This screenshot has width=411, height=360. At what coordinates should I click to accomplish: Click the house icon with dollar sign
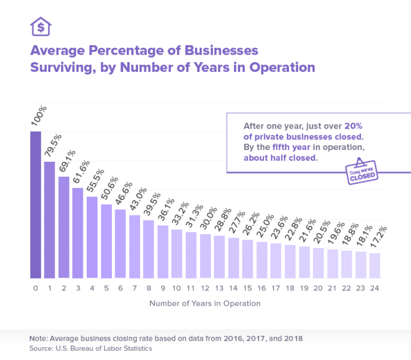pyautogui.click(x=41, y=26)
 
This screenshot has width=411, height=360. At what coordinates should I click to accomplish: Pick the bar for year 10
pyautogui.click(x=177, y=254)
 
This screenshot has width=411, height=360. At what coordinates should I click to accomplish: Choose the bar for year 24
pyautogui.click(x=375, y=266)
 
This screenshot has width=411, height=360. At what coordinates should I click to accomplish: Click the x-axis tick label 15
pyautogui.click(x=248, y=288)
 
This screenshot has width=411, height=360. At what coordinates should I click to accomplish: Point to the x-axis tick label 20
pyautogui.click(x=318, y=288)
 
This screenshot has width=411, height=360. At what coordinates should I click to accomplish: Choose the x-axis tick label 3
pyautogui.click(x=78, y=288)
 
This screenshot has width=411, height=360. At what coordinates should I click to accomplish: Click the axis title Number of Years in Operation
pyautogui.click(x=205, y=304)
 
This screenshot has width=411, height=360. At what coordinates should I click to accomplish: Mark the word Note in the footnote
pyautogui.click(x=38, y=339)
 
